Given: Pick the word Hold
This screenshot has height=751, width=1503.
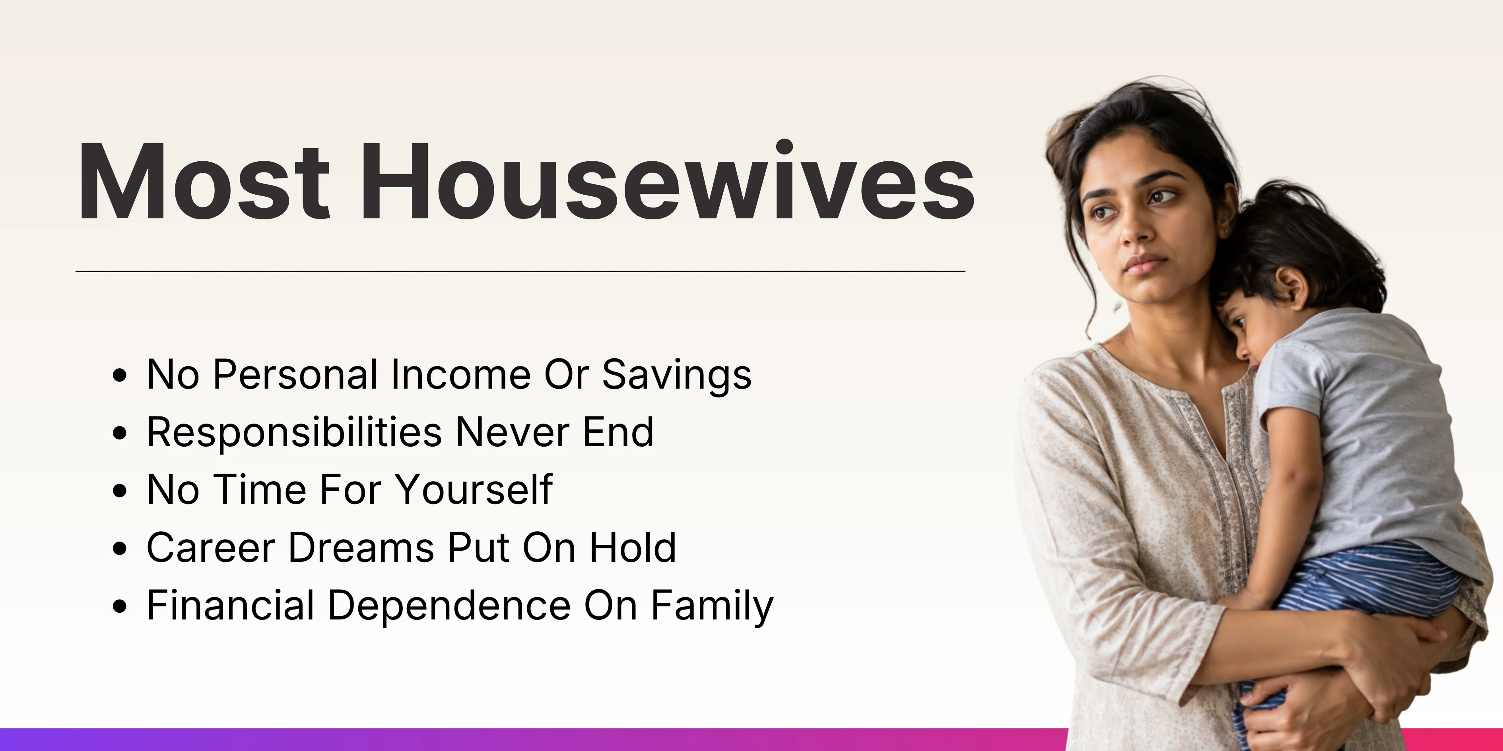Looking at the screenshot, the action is click(633, 548).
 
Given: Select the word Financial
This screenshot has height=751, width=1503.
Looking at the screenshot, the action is click(231, 605).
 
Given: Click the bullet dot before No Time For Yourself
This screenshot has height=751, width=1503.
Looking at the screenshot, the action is click(120, 490).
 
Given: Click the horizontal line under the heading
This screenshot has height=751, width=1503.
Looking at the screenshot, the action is click(520, 271).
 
